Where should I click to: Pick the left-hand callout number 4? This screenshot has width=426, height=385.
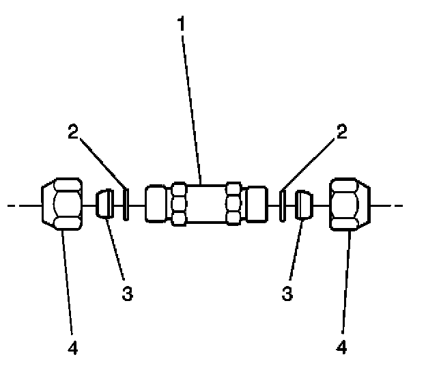tap(73, 348)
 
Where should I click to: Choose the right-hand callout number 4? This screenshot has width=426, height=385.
tap(342, 348)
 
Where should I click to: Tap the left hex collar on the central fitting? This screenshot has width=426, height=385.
tap(180, 203)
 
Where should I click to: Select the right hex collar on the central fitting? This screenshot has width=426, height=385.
tap(233, 203)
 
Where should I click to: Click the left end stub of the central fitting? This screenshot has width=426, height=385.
tap(155, 203)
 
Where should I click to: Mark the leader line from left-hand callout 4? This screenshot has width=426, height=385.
tap(68, 287)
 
